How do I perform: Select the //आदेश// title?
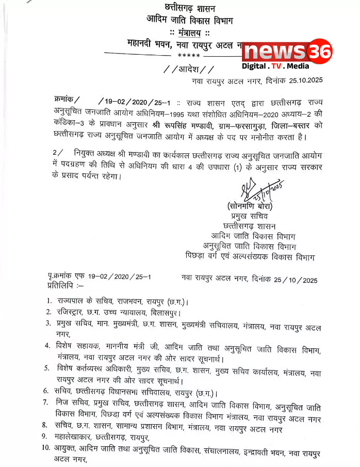185,69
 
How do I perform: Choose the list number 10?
47,448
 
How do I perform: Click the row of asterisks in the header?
186,56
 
